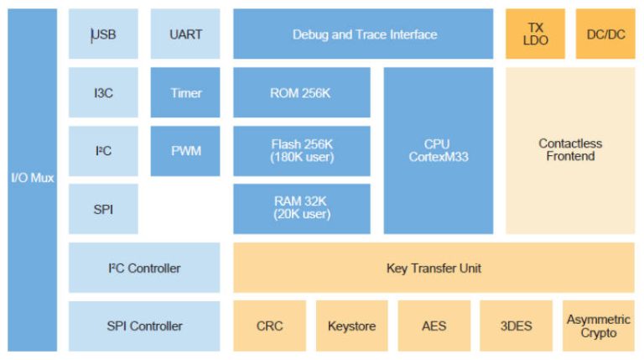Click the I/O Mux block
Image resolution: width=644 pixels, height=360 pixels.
tap(32, 180)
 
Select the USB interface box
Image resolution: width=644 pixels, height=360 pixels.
tap(103, 34)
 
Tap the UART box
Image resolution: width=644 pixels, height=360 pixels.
tap(185, 34)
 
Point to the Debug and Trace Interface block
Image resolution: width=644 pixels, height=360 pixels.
tap(364, 34)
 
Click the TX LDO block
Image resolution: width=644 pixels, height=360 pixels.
tap(535, 34)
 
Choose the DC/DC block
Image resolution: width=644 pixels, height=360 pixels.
tap(605, 34)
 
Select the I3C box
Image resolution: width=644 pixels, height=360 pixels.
tap(103, 92)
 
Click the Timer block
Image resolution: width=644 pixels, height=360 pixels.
tap(185, 92)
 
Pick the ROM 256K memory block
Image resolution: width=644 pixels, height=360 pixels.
tap(301, 92)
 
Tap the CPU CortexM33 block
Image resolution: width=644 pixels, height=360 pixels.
tap(438, 150)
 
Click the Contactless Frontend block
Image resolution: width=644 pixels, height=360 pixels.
tap(570, 150)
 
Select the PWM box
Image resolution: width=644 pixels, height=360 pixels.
tap(185, 151)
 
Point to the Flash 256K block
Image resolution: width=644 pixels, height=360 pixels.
tap(301, 151)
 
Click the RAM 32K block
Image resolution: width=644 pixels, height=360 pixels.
tap(301, 208)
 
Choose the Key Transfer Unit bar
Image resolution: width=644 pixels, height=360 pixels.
tap(434, 268)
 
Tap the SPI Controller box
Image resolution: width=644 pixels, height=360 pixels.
tap(144, 326)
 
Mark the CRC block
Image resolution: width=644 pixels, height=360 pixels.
tap(269, 326)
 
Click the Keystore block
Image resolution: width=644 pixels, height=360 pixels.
tap(351, 326)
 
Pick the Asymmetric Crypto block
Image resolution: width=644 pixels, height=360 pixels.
tap(598, 326)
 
